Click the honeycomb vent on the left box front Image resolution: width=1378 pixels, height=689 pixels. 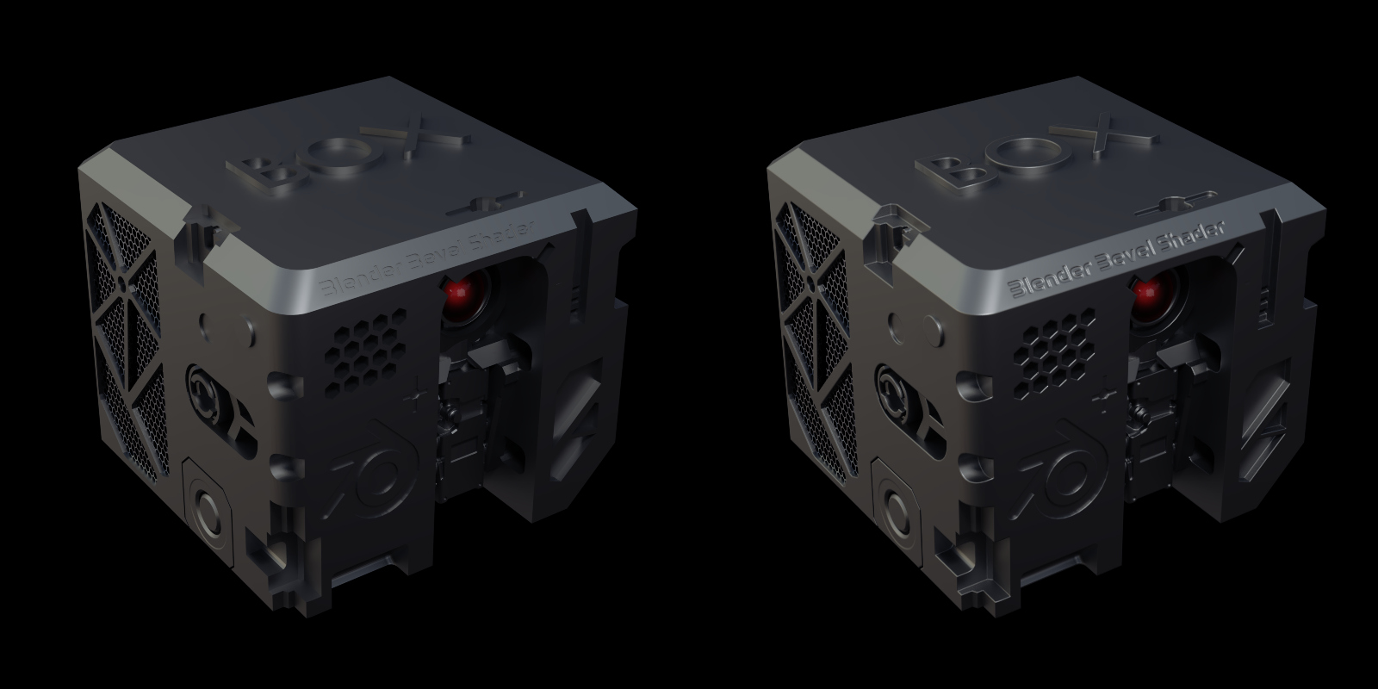tap(366, 349)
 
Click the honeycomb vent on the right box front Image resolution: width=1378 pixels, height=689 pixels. tap(1054, 351)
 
